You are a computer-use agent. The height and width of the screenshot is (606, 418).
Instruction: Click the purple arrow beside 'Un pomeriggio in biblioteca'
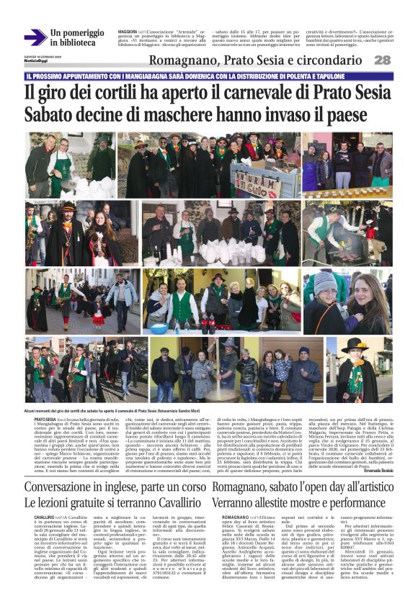[x=35, y=37]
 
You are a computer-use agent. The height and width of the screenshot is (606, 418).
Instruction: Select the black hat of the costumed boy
[x=355, y=344]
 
